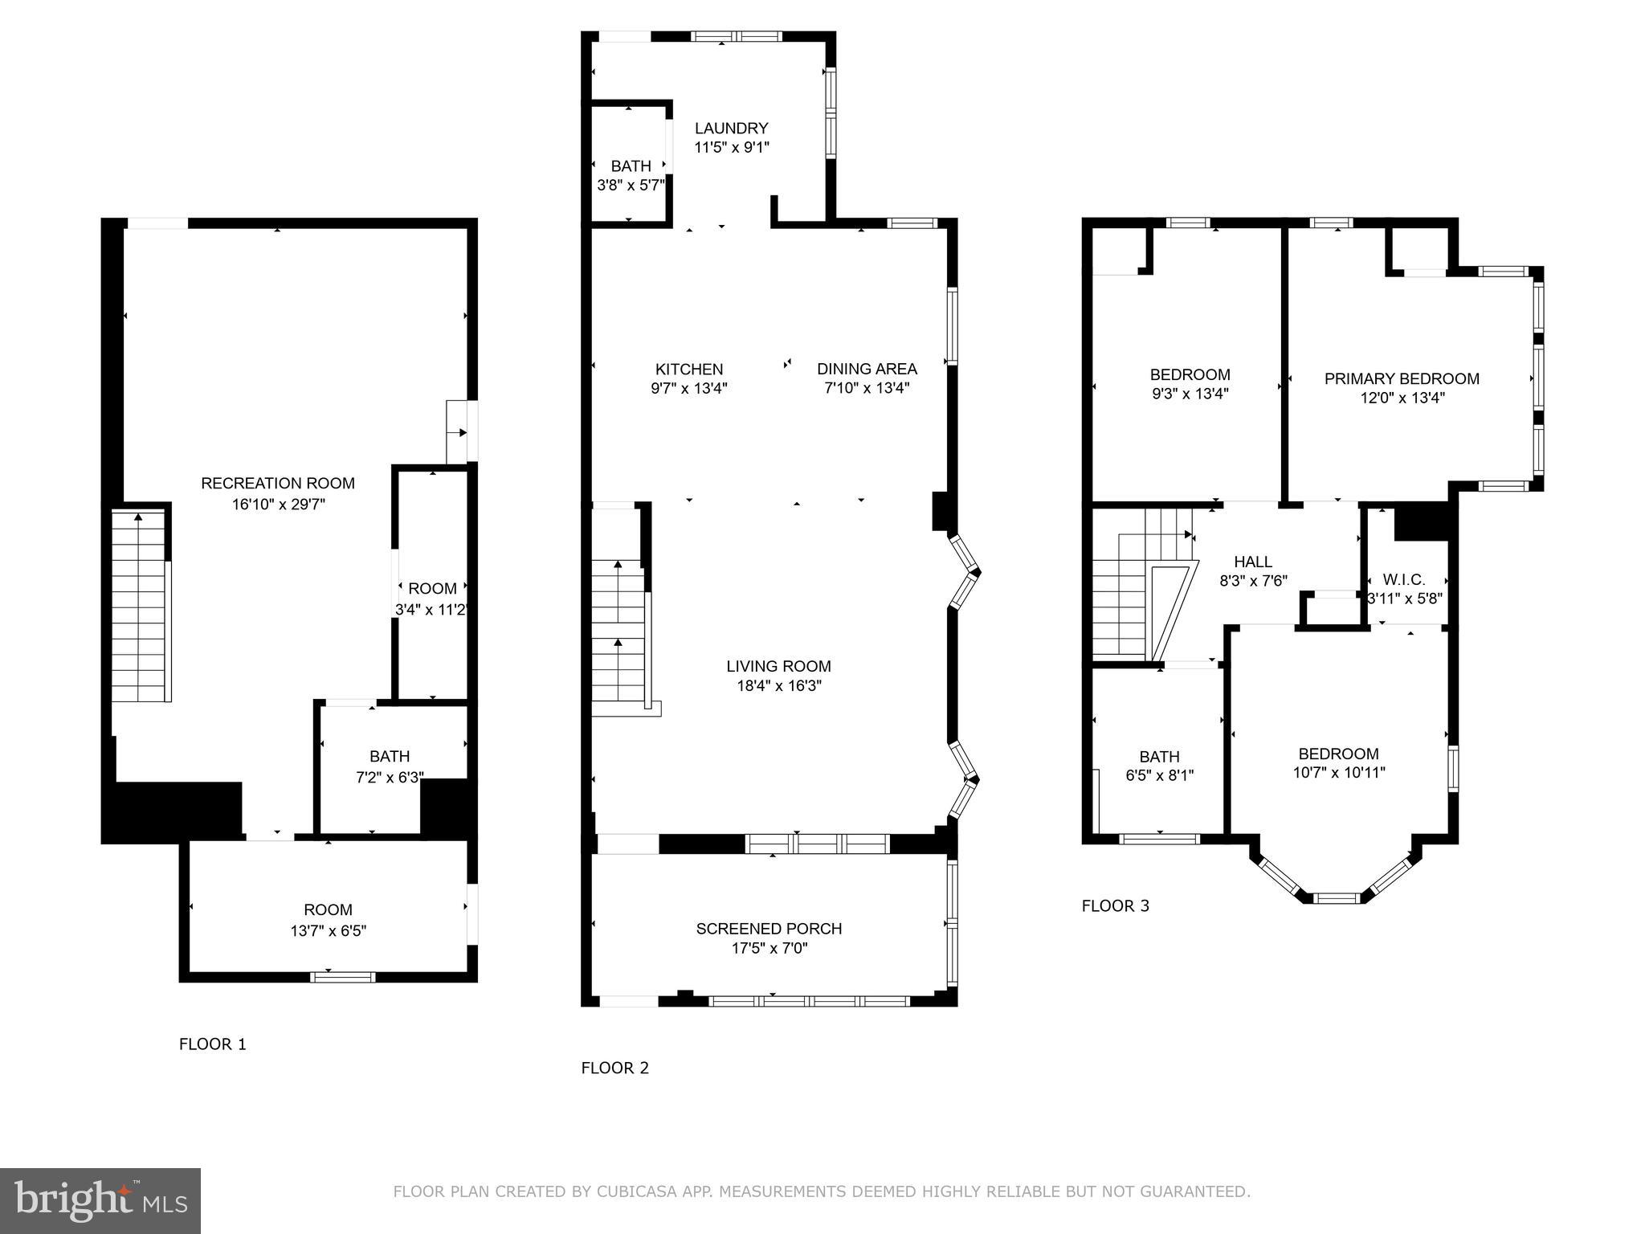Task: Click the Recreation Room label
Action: [x=277, y=483]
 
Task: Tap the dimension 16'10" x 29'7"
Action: [x=277, y=505]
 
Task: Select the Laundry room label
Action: [x=731, y=128]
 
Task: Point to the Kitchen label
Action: [x=688, y=369]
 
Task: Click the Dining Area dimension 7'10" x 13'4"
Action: [x=867, y=388]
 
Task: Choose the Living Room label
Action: [x=778, y=666]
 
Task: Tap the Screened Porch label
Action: [x=769, y=928]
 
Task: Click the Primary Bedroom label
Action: [x=1401, y=378]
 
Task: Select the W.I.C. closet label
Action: [x=1403, y=579]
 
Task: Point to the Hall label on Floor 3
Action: [x=1252, y=562]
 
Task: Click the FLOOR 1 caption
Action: [x=212, y=1044]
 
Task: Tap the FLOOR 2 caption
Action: [x=614, y=1068]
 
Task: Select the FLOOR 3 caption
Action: [x=1115, y=906]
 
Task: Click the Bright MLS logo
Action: [x=100, y=1200]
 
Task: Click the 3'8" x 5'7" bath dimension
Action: [x=631, y=185]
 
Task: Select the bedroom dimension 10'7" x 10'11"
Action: [x=1338, y=773]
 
